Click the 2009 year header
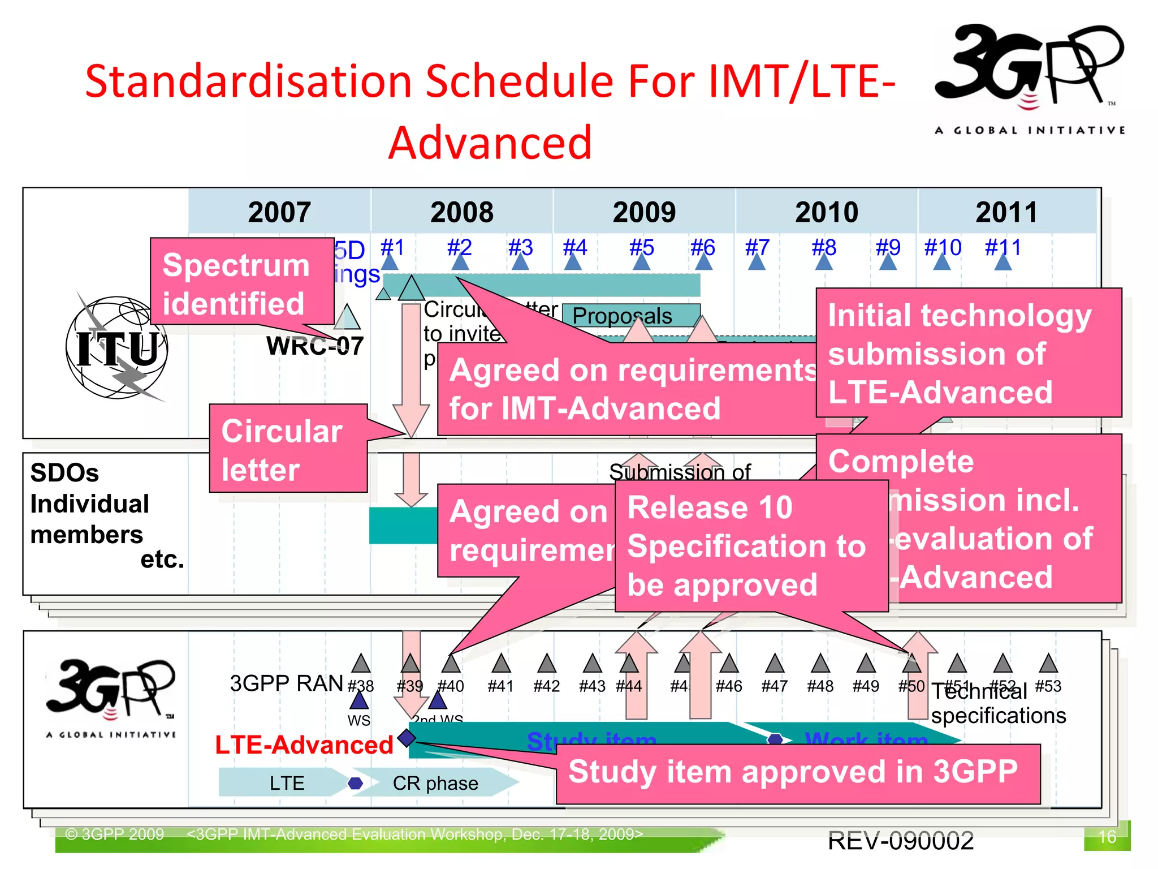click(644, 212)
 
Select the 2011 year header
click(1006, 212)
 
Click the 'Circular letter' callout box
click(287, 449)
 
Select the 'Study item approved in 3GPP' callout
click(797, 773)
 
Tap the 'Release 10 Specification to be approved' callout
click(751, 545)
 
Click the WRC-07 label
click(314, 346)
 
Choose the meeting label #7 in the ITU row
click(757, 248)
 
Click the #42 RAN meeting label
click(546, 686)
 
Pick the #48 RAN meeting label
click(820, 686)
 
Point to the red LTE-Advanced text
click(304, 745)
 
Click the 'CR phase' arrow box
click(435, 783)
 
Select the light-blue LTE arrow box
click(286, 783)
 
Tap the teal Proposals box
click(622, 315)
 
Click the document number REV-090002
click(900, 841)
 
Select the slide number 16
click(1106, 836)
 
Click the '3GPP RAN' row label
click(286, 683)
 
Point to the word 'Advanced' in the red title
click(490, 143)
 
